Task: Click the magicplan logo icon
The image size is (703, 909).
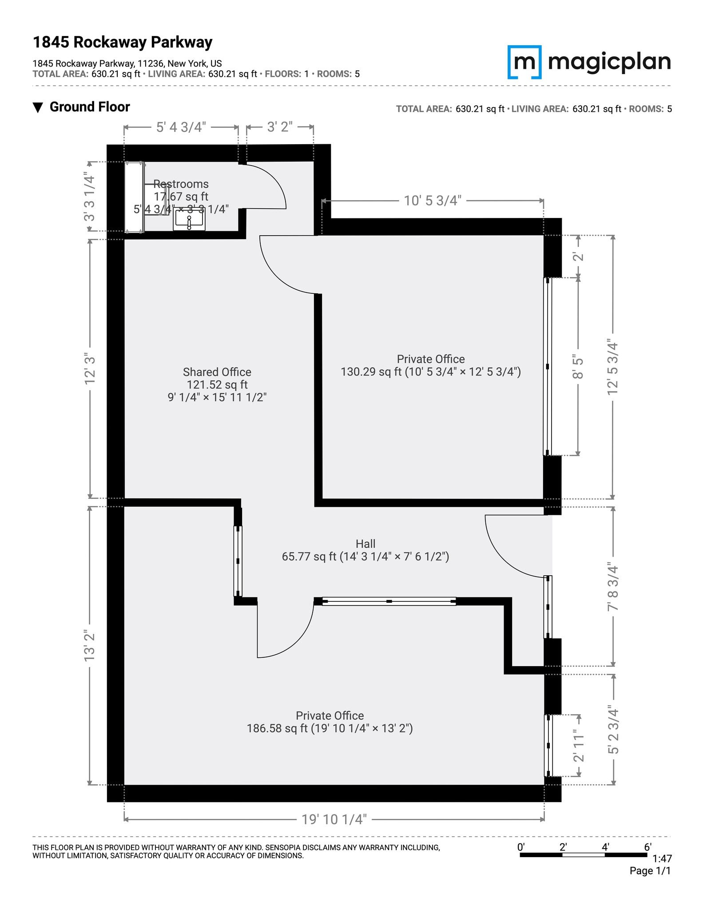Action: click(524, 62)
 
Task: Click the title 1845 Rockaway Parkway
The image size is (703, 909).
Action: click(123, 42)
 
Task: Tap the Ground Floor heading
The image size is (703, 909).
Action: click(89, 107)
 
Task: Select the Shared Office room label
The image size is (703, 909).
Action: click(217, 372)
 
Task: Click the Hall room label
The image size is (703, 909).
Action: click(365, 544)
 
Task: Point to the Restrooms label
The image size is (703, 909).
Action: click(181, 184)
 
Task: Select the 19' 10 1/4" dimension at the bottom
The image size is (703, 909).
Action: click(334, 819)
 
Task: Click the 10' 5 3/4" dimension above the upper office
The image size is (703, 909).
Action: click(432, 201)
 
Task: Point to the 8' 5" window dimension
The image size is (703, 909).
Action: click(577, 367)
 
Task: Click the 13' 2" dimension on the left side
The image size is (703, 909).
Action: click(90, 646)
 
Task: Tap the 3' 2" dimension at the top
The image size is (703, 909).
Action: click(279, 127)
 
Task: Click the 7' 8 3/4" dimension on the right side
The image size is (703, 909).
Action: click(613, 587)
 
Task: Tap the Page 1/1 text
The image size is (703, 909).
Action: click(650, 871)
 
